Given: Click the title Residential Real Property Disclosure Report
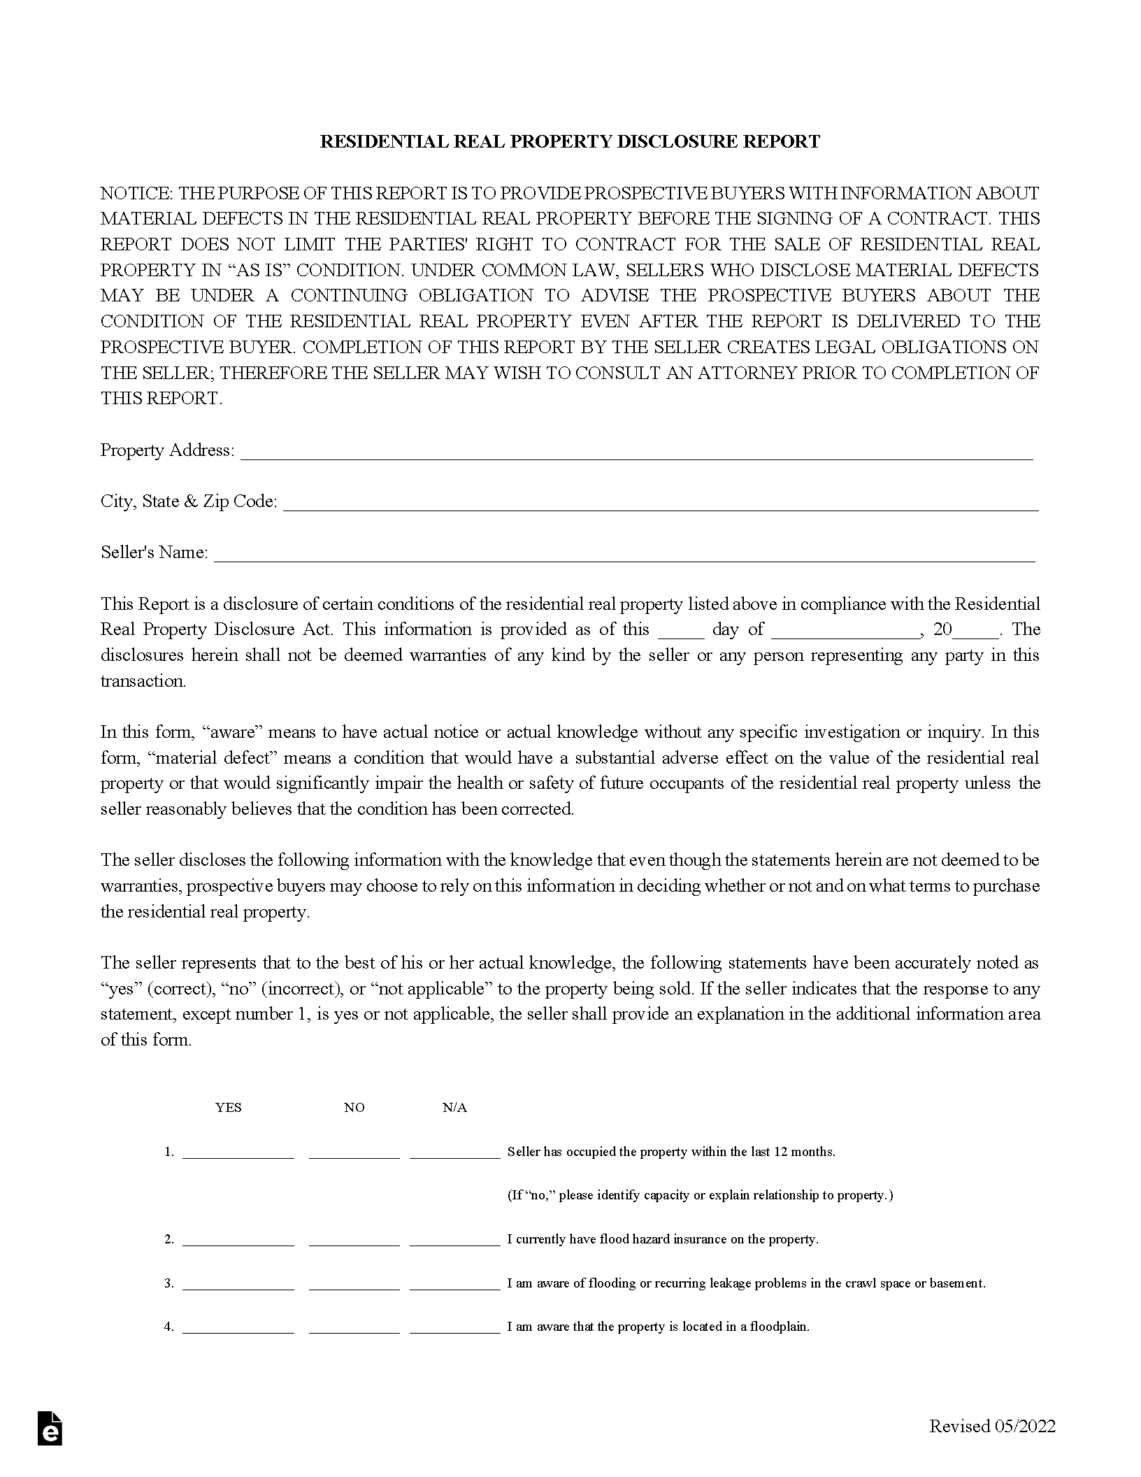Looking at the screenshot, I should tap(570, 142).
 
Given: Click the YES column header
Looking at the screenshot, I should tap(229, 1107).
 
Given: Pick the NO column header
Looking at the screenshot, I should tap(354, 1107).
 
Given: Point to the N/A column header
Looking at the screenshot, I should tap(454, 1107).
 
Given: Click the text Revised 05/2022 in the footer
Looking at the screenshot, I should tap(992, 1427).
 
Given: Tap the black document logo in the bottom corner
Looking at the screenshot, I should tap(50, 1428).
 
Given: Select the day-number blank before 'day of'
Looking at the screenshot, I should tap(681, 631).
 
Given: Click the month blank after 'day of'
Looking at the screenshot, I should tap(846, 631).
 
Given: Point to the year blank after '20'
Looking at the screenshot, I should tap(976, 631).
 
